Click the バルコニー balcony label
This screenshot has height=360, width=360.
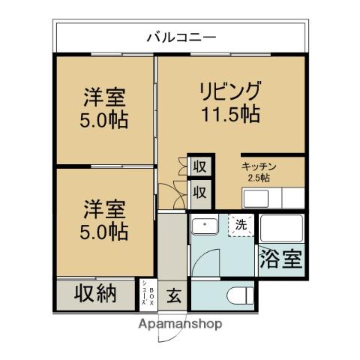tap(181, 37)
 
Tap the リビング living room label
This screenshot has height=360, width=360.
tap(230, 91)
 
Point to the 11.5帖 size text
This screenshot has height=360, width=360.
tap(230, 114)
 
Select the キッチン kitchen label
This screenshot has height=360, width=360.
tap(259, 166)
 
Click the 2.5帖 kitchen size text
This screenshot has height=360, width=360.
tap(259, 178)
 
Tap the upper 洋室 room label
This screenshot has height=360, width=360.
tap(104, 97)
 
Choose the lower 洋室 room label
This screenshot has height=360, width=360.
tap(104, 209)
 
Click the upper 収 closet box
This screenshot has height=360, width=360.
tap(200, 166)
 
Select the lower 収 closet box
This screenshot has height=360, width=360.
tap(200, 193)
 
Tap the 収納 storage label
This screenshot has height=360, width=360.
tap(95, 293)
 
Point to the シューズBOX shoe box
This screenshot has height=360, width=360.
tap(148, 295)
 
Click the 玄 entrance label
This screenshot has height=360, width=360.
tap(174, 295)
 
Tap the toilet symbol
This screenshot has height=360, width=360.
tap(240, 296)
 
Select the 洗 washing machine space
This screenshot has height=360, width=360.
tap(241, 225)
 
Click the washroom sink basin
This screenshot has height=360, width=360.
tap(205, 226)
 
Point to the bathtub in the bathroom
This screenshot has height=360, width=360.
tap(281, 229)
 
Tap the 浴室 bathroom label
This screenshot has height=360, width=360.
tap(281, 259)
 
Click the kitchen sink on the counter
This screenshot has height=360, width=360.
tap(256, 199)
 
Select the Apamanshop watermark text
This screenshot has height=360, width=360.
tap(180, 324)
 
